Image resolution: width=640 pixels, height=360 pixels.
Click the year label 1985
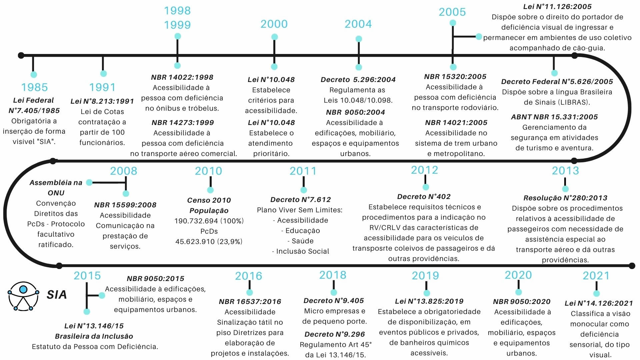pos(34,87)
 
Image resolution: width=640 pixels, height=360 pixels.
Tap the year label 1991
pos(102,87)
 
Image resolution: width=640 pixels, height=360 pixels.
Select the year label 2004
pos(358,24)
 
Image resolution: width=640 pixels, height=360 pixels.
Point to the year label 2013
pos(565,171)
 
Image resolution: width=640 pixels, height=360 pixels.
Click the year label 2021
pos(596,276)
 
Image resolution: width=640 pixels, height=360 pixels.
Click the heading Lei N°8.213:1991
pos(102,101)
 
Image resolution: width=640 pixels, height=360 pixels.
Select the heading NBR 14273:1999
pos(183,123)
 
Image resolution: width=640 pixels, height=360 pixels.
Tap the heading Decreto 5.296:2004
pos(358,80)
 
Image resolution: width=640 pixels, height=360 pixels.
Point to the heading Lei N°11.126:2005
pos(557,7)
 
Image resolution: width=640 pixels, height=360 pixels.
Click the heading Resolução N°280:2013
pos(565,198)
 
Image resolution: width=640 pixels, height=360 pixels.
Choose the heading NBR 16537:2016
pos(250,302)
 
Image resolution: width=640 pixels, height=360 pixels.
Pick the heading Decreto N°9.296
pos(335,334)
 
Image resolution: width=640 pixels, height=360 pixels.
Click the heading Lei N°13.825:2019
pos(429,301)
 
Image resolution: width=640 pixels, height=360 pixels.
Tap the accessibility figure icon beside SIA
pos(23,295)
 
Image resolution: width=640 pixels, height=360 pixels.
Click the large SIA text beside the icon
pos(57,295)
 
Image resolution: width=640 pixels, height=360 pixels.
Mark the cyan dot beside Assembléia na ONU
pos(89,182)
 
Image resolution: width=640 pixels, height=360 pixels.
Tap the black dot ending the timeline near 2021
pos(632,266)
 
